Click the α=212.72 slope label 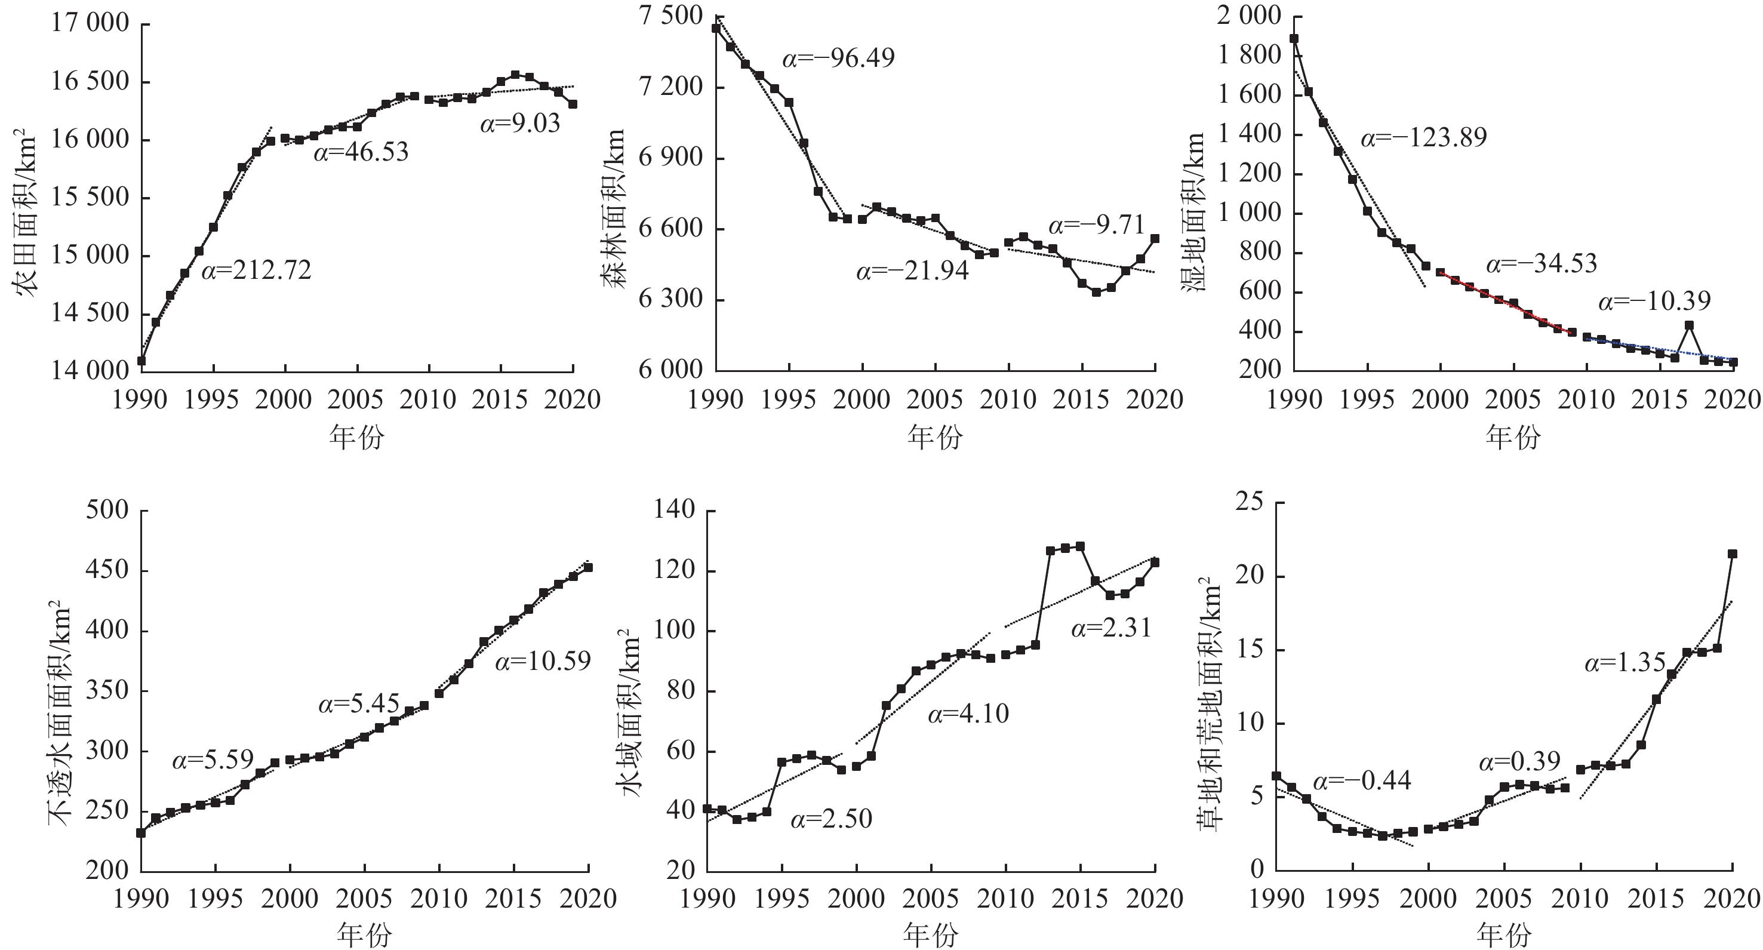click(256, 270)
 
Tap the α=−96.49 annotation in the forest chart click(838, 58)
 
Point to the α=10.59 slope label click(543, 660)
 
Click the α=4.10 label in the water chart click(968, 715)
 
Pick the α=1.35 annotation click(1624, 663)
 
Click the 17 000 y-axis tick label click(90, 23)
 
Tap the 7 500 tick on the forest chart click(670, 15)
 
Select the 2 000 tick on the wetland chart click(1248, 15)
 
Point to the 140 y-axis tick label click(675, 510)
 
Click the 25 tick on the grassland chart click(1249, 502)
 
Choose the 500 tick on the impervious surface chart click(107, 510)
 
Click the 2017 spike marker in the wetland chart click(1689, 325)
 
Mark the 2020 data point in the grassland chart click(1732, 554)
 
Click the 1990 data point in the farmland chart click(141, 361)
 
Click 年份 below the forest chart click(935, 436)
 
